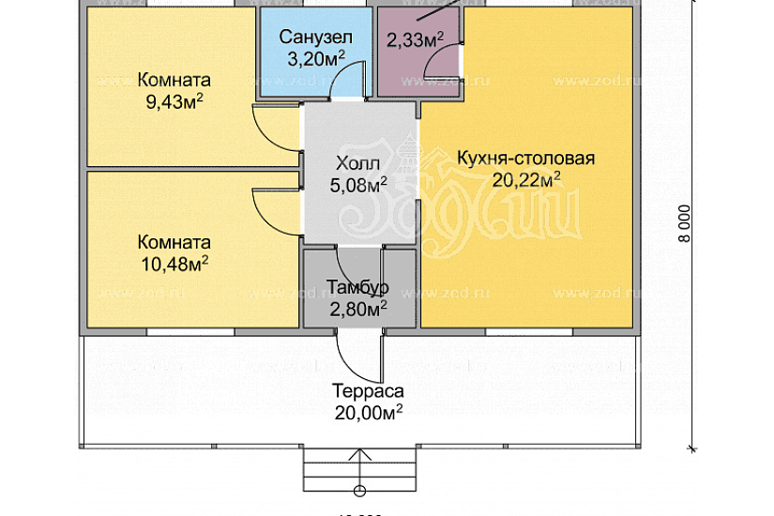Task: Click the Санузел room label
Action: (x=314, y=37)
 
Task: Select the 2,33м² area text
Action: (x=415, y=39)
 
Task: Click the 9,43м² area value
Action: (x=175, y=100)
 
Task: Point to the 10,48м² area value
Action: (x=175, y=262)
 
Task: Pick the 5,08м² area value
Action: (x=358, y=186)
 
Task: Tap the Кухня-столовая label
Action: (x=525, y=158)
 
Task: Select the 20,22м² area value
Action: (x=525, y=179)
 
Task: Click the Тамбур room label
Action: (x=357, y=285)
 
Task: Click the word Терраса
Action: (x=368, y=391)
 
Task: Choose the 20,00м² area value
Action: (x=368, y=413)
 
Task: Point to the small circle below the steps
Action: (x=359, y=491)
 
